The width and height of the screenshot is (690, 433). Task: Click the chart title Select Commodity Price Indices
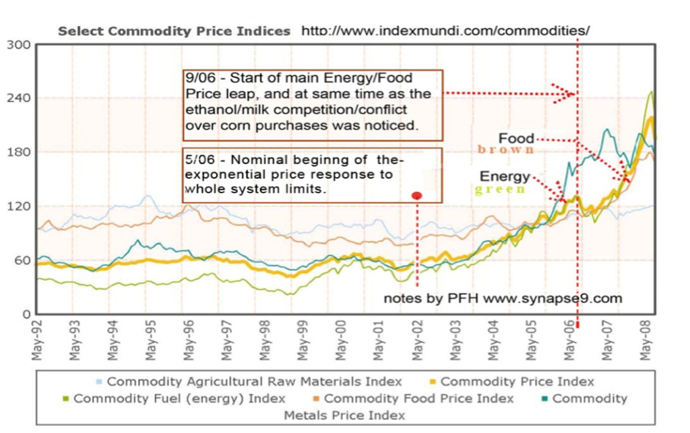coord(174,31)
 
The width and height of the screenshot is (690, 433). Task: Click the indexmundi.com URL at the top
coord(445,31)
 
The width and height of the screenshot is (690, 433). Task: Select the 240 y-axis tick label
coord(18,99)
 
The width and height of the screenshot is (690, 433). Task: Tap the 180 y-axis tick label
coord(18,152)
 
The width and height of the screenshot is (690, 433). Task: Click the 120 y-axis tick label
coord(18,206)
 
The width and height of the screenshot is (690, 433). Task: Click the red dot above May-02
coord(417,195)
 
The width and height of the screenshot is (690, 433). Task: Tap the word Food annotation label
coord(516,137)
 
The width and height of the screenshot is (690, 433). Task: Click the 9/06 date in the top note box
coord(200,78)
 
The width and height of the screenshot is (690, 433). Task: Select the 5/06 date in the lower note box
coord(200,158)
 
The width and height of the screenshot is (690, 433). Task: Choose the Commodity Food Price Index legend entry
coord(418,398)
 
